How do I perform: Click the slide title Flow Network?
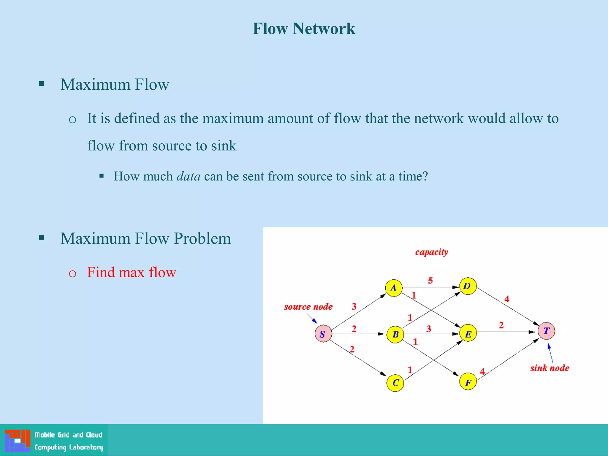coord(304,29)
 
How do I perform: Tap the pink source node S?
coord(323,334)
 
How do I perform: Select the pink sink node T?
coord(546,331)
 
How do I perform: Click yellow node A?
coord(394,288)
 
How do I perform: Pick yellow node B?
coord(395,335)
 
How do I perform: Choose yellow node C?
coord(395,383)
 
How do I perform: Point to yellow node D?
coord(468,286)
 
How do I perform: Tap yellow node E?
coord(468,333)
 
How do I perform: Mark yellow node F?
coord(468,382)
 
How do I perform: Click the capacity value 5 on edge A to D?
coord(430,280)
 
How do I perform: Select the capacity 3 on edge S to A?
coord(354,306)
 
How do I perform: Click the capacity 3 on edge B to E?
coord(428,328)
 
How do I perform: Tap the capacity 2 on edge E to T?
coord(501,325)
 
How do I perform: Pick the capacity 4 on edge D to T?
coord(507,299)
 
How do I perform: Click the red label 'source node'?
coord(308,307)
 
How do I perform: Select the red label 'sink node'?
coord(550,368)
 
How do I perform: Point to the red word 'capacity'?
coord(431,252)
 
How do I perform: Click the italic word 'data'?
coord(189,176)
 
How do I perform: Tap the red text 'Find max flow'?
coord(132,272)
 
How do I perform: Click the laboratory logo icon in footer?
coord(17,440)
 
